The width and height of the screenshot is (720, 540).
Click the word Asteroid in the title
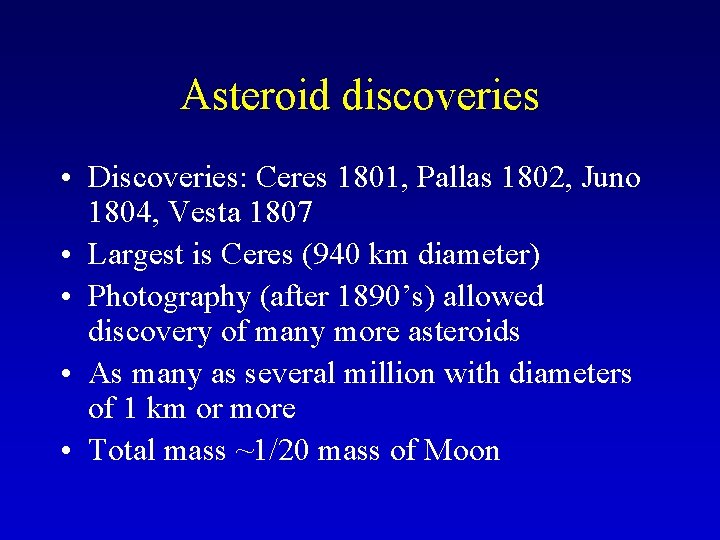point(256,96)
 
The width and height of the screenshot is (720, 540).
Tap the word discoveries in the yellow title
point(440,96)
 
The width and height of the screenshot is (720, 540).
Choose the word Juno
point(612,178)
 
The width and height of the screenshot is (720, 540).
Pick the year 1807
point(275,213)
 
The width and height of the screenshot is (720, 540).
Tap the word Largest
point(130,255)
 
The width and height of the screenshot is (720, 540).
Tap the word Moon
point(462,451)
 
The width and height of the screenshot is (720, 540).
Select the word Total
point(122,451)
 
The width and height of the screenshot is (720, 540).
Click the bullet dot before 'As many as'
point(64,375)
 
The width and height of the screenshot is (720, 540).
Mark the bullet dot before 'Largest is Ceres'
point(64,256)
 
